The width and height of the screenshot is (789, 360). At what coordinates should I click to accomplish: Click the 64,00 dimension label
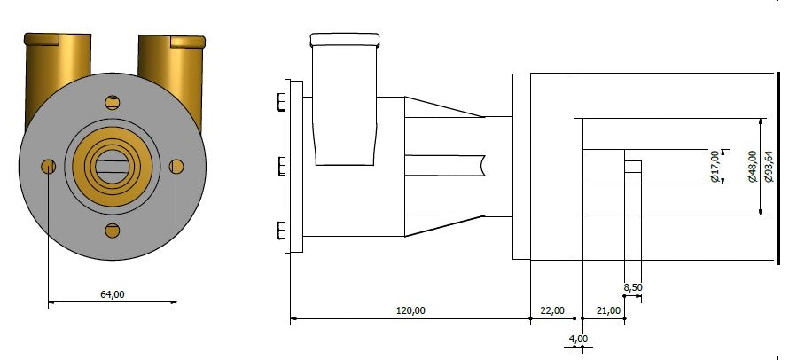coord(113,294)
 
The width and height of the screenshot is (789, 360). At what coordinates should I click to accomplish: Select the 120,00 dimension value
coord(410,310)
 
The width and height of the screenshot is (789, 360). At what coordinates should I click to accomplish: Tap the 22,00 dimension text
coord(552,310)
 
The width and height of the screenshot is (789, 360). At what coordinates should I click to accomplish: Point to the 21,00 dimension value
coord(608,310)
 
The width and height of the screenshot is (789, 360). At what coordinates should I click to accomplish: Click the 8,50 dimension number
coord(633,287)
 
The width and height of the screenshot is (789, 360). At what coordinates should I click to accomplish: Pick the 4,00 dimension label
coord(578,339)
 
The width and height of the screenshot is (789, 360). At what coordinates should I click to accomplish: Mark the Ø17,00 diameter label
coord(714,167)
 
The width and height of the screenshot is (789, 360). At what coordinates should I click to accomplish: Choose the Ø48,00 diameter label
coord(753,167)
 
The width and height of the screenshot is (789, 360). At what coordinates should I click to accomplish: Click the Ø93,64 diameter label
coord(769,167)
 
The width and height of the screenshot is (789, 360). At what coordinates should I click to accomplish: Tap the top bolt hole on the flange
coord(113,103)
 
